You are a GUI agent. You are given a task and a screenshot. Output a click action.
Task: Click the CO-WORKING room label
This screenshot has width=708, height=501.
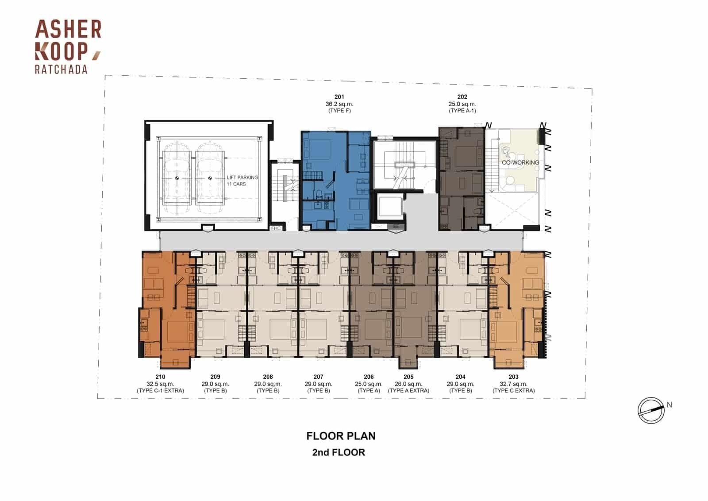point(520,162)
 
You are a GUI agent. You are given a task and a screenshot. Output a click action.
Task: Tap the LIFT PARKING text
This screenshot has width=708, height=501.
point(242,177)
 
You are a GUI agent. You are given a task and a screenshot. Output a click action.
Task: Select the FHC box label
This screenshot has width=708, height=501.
point(276,228)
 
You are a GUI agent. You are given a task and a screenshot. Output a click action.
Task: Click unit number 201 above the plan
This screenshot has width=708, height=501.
point(339,97)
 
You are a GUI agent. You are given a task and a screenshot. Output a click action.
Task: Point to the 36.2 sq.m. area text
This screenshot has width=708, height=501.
point(339,104)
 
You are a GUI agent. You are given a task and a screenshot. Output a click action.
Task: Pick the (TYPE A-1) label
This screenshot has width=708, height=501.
point(462,111)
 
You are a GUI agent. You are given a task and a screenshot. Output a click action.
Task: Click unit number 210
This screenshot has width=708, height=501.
point(160,377)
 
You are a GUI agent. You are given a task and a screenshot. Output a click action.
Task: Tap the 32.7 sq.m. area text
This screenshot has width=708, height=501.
point(514,384)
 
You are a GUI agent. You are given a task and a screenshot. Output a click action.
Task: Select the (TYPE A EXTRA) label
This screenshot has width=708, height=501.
point(409,391)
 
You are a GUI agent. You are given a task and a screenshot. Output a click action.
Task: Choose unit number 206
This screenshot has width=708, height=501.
point(369,377)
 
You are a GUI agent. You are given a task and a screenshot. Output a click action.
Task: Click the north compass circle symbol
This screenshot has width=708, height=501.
point(651,411)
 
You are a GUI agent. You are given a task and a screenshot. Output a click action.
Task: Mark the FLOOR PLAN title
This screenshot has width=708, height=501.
point(341,436)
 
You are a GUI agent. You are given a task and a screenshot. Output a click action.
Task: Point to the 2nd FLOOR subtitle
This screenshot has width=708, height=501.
point(339,452)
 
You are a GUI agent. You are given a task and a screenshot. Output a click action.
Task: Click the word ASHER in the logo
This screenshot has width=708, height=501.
point(68,29)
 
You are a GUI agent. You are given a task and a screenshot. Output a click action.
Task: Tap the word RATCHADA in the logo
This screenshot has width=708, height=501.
point(61,69)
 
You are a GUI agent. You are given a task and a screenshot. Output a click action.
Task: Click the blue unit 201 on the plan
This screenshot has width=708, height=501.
point(336,180)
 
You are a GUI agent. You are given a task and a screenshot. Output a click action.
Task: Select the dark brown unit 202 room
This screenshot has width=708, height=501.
point(462,179)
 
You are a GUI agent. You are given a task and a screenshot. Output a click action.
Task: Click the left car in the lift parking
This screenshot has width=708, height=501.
point(177,178)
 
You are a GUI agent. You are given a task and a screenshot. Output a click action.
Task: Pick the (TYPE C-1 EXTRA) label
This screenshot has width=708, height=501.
point(160,391)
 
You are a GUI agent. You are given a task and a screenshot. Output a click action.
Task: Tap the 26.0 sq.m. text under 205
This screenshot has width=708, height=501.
point(409,384)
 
